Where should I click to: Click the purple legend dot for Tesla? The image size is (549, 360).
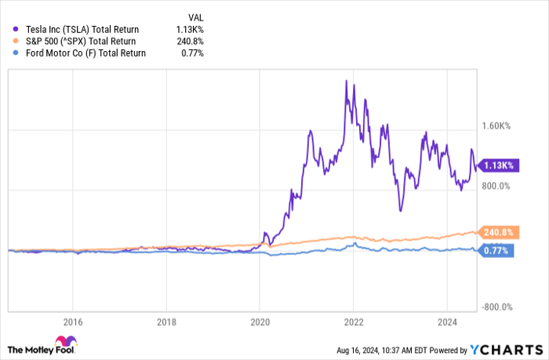coord(16,28)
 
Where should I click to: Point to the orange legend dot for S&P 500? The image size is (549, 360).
coord(16,41)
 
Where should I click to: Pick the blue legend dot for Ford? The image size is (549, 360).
coord(16,53)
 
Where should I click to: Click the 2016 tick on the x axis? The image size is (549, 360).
coord(72,320)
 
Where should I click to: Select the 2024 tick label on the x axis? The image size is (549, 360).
coord(446,320)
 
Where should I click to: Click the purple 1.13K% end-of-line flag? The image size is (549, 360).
coord(496,165)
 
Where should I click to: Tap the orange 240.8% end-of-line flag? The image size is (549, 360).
coord(496,232)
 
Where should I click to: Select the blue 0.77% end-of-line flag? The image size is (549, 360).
coord(496,250)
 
